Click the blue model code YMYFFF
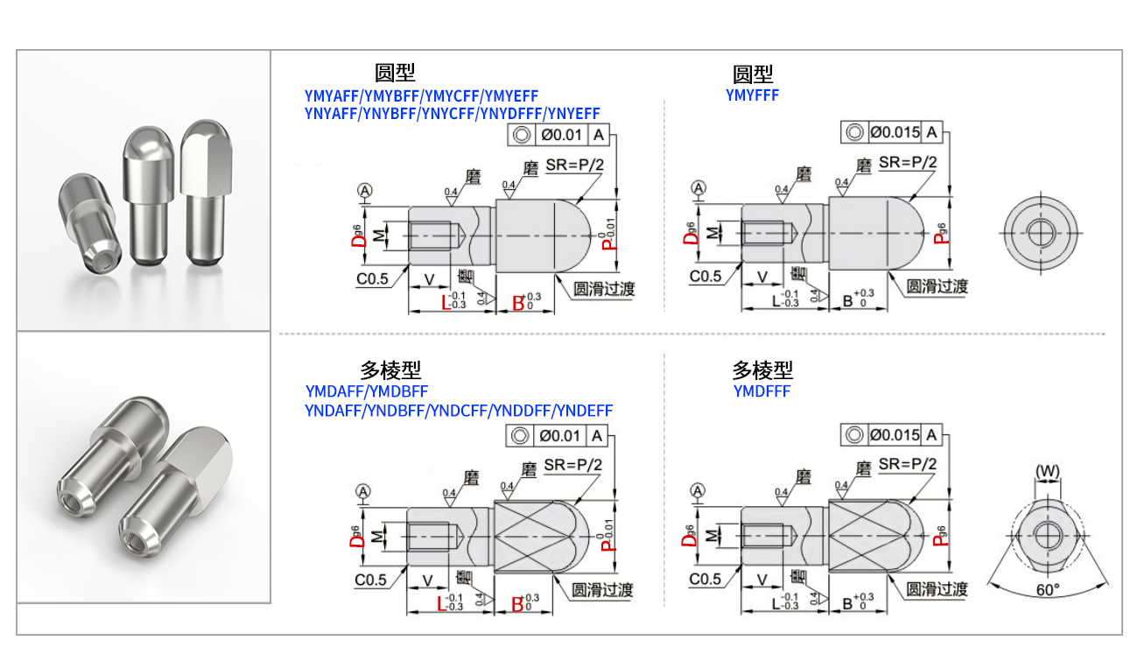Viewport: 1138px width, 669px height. tap(752, 95)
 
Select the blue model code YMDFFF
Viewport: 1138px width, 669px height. tap(762, 391)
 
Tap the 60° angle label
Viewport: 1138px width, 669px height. tap(1047, 590)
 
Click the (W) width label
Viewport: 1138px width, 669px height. tap(1047, 472)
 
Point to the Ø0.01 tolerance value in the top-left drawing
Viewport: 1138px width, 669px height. tap(560, 135)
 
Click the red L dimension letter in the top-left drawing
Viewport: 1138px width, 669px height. tap(446, 303)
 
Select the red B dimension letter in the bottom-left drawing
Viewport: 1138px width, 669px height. tap(517, 603)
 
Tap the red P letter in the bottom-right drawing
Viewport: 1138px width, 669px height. tap(938, 536)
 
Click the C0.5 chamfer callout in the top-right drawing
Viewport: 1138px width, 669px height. tap(706, 277)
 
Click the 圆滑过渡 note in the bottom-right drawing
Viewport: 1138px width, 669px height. tap(937, 589)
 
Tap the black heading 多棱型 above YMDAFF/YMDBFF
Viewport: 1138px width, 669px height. tap(390, 370)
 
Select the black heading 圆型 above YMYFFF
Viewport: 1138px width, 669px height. tap(753, 74)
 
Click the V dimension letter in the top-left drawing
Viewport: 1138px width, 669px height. tap(429, 278)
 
